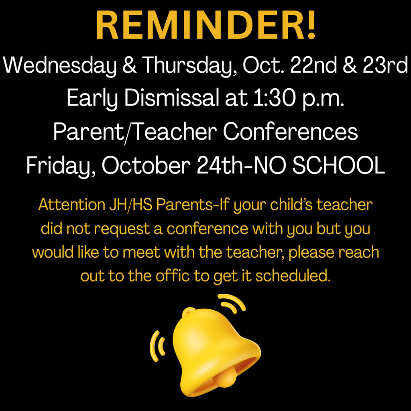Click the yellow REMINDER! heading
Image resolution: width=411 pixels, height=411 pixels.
[x=206, y=25]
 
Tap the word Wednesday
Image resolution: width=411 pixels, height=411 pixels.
[x=59, y=65]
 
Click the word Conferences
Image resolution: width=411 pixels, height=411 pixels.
[x=290, y=131]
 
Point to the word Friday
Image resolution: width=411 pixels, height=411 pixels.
[x=61, y=166]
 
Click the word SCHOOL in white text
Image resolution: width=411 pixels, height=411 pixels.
[x=339, y=165]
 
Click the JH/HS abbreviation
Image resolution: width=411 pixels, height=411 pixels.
[x=131, y=205]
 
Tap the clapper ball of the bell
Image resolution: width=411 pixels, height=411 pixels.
[x=225, y=376]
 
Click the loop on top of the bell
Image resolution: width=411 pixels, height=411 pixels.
[x=189, y=311]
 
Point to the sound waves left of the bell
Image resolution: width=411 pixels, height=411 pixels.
[x=157, y=346]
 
